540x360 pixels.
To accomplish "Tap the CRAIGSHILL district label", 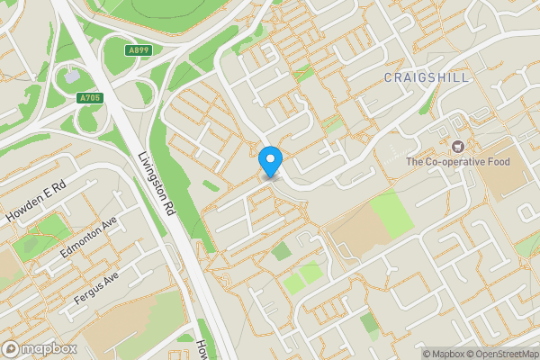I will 427,78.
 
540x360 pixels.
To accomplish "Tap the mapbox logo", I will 39,348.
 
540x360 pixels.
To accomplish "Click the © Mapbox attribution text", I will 441,354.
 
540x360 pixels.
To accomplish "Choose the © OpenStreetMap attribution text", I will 500,354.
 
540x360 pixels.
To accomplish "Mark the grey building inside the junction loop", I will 70,76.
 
